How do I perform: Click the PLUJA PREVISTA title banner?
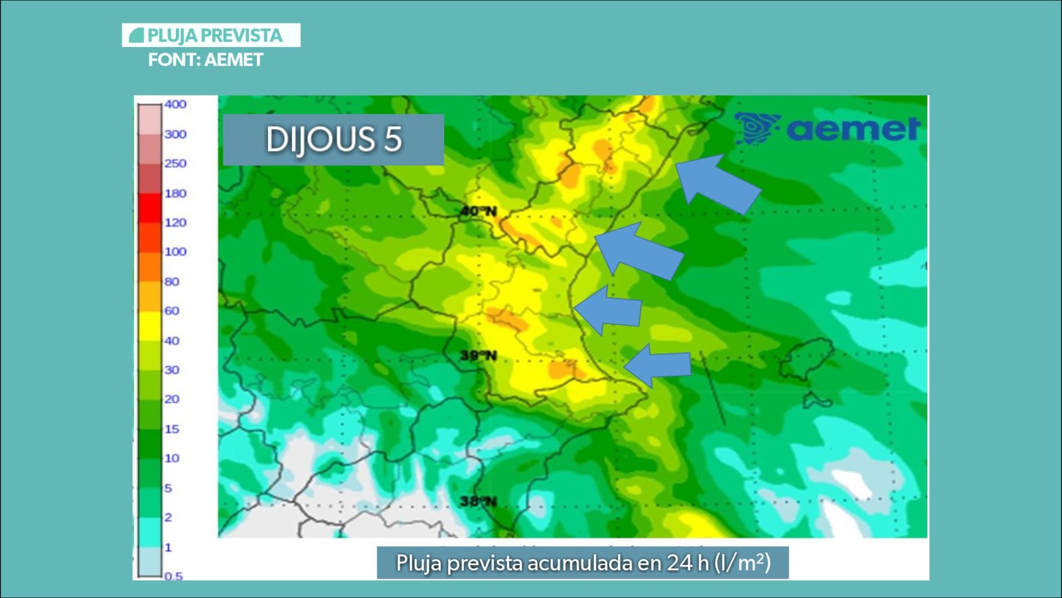click(x=211, y=35)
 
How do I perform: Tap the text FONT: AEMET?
click(x=206, y=60)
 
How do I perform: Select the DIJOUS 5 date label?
click(x=333, y=140)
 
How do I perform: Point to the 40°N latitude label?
click(x=478, y=211)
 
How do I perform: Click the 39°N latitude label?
click(x=478, y=355)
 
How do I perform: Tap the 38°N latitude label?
click(x=478, y=501)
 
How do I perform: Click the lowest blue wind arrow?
click(x=658, y=365)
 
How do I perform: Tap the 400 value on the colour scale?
click(x=175, y=104)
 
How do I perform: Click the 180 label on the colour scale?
click(x=175, y=193)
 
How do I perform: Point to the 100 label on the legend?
click(x=175, y=252)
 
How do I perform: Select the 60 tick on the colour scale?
click(x=171, y=310)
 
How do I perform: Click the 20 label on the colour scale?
click(x=171, y=399)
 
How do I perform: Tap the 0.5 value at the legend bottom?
click(x=173, y=575)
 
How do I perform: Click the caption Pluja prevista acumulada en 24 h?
click(x=583, y=563)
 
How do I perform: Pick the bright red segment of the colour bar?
click(x=150, y=208)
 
